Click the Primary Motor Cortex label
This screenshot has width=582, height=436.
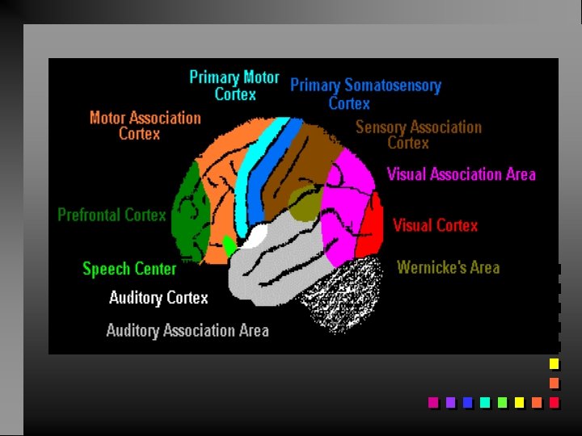pyautogui.click(x=234, y=86)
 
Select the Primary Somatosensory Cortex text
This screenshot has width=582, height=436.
pyautogui.click(x=365, y=94)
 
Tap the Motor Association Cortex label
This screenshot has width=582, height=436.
pyautogui.click(x=145, y=125)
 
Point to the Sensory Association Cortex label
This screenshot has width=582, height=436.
pyautogui.click(x=418, y=135)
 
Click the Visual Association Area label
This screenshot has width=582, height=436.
pyautogui.click(x=461, y=174)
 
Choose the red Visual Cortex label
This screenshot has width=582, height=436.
pyautogui.click(x=435, y=225)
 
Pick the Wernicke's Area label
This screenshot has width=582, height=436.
pyautogui.click(x=448, y=267)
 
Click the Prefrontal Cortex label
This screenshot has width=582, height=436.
pyautogui.click(x=112, y=215)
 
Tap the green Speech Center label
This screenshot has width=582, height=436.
pyautogui.click(x=129, y=269)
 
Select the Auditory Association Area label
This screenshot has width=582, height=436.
pyautogui.click(x=188, y=330)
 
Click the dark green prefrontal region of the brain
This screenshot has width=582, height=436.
pyautogui.click(x=191, y=210)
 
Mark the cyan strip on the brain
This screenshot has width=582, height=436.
pyautogui.click(x=255, y=170)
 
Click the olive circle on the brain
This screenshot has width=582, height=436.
pyautogui.click(x=305, y=203)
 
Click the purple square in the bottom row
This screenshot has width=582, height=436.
pyautogui.click(x=450, y=402)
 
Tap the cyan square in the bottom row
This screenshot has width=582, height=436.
pyautogui.click(x=485, y=402)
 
